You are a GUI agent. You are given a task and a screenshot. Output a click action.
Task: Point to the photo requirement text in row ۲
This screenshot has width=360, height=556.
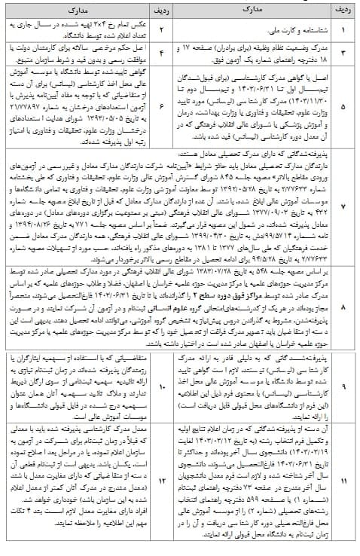[83, 32]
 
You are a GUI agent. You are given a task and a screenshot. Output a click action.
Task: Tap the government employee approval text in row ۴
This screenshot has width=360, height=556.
[83, 56]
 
